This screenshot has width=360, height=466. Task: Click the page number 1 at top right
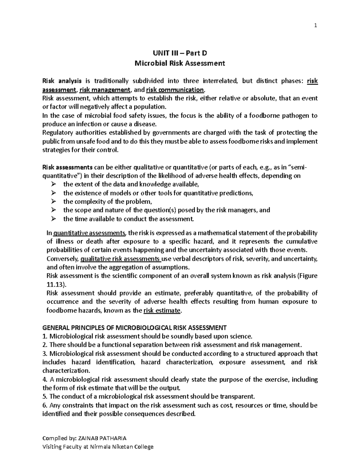pos(315,26)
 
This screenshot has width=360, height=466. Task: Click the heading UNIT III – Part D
pos(180,53)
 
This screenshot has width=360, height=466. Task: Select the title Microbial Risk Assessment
pos(180,63)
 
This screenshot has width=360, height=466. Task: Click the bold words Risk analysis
pos(62,81)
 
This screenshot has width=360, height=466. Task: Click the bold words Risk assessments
pos(67,167)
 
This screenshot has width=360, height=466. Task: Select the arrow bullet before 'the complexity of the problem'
pos(54,201)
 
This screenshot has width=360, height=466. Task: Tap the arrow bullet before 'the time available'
pos(54,219)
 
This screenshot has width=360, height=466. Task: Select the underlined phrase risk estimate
pos(162,311)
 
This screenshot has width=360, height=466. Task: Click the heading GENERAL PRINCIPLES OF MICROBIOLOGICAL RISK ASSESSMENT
pos(134,327)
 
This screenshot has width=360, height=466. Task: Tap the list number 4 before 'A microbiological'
pos(44,379)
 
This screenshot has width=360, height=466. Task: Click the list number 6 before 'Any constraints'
pos(44,405)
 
